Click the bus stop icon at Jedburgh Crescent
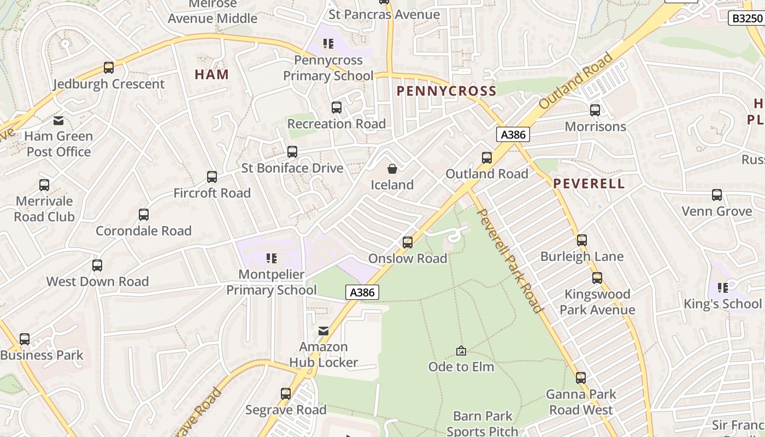tap(109, 68)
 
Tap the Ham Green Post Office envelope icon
tap(58, 121)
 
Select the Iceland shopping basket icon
tap(392, 169)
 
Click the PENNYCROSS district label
tap(446, 91)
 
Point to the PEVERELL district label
tap(589, 184)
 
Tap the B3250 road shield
tap(746, 19)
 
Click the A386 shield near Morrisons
tap(513, 134)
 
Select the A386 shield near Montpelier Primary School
tap(362, 292)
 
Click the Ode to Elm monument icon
tap(461, 351)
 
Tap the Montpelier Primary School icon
tap(272, 258)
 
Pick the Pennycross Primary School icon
tap(328, 43)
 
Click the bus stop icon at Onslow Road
tap(408, 242)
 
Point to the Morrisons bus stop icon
tap(595, 110)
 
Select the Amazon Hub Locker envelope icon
tap(323, 331)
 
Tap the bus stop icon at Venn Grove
tap(717, 195)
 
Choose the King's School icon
tap(723, 287)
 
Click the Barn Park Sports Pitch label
tap(482, 424)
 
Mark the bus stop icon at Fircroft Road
tap(212, 177)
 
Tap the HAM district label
tap(211, 75)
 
